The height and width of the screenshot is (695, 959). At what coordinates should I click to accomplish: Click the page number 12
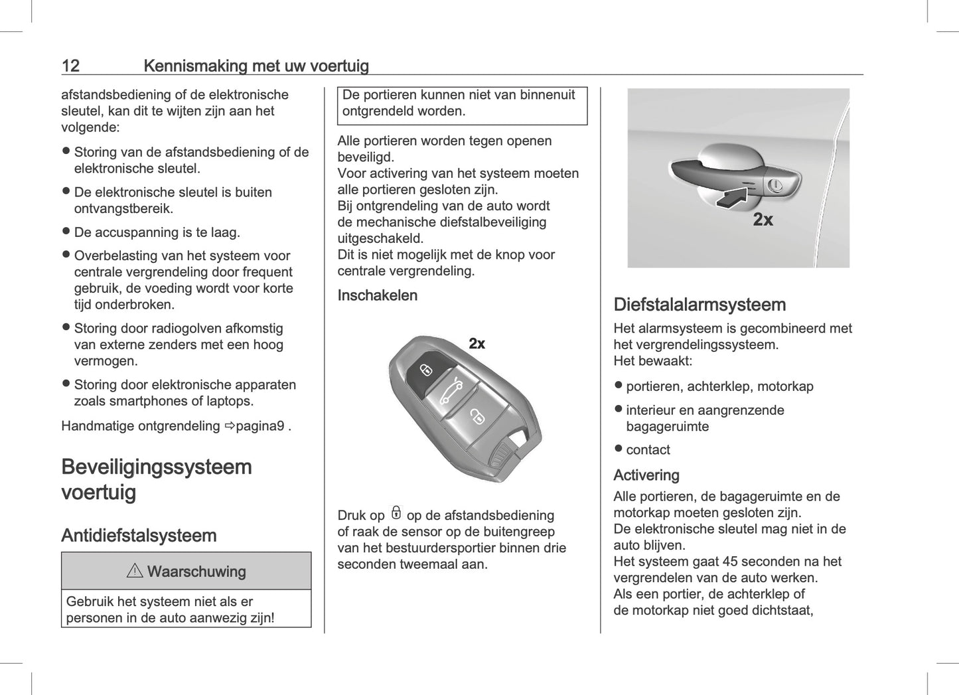(x=70, y=66)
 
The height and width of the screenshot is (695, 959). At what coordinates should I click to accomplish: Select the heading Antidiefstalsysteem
(x=139, y=536)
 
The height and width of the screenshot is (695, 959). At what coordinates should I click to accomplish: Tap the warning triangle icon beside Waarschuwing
(x=135, y=571)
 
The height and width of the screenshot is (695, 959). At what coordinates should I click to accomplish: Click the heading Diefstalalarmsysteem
(x=700, y=305)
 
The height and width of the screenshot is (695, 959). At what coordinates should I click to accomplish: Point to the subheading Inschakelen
(x=377, y=295)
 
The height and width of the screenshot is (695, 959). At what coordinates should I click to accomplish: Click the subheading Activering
(x=646, y=475)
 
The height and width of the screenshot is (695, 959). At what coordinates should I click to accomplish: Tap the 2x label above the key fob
(x=477, y=343)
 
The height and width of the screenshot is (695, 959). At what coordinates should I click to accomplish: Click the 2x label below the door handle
(x=763, y=220)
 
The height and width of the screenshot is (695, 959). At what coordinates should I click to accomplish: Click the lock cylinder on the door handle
(x=775, y=186)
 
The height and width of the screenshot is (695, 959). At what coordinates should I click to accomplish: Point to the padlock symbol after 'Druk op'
(x=396, y=513)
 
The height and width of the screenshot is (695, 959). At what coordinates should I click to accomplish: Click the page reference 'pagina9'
(x=260, y=426)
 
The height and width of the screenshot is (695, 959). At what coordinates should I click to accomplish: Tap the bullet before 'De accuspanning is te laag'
(x=66, y=232)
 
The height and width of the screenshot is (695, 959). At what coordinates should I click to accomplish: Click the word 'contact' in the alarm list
(x=648, y=450)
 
